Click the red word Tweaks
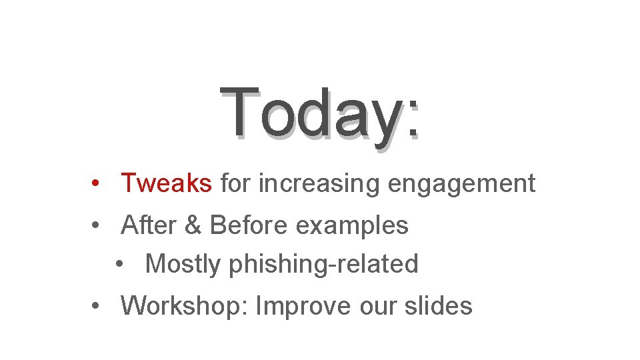(x=166, y=183)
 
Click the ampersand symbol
(x=191, y=225)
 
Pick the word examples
(x=352, y=226)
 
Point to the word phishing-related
(x=323, y=265)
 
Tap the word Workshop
(x=184, y=306)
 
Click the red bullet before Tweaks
(x=97, y=183)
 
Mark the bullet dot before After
(x=97, y=226)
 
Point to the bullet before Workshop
(x=97, y=307)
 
